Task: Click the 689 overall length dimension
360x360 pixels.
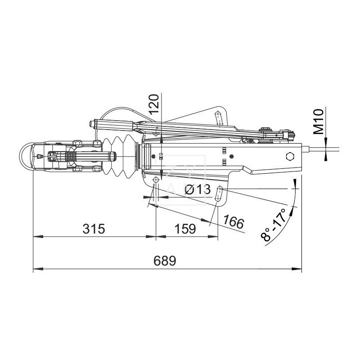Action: click(165, 261)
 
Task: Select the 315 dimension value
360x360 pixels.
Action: click(94, 229)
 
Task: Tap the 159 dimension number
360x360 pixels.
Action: click(185, 229)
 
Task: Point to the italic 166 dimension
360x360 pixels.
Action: click(234, 222)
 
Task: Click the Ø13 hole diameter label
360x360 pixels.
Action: click(198, 189)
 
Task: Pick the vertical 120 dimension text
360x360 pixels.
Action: click(154, 104)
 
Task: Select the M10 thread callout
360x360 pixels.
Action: click(319, 122)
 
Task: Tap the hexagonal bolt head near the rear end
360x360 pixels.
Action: click(290, 156)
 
